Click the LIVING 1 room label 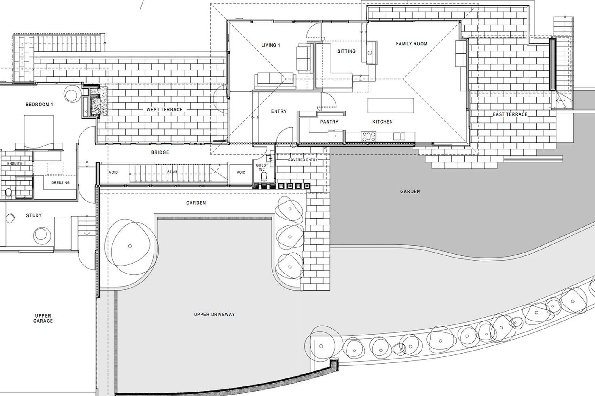pyautogui.click(x=271, y=45)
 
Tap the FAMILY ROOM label pyautogui.click(x=411, y=44)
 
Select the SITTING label pyautogui.click(x=346, y=51)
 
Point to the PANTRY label pyautogui.click(x=329, y=122)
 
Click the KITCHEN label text pyautogui.click(x=383, y=122)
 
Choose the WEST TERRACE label pyautogui.click(x=165, y=110)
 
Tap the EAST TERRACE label pyautogui.click(x=510, y=114)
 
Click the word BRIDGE pyautogui.click(x=160, y=152)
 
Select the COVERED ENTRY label pyautogui.click(x=303, y=160)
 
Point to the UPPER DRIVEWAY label pyautogui.click(x=214, y=314)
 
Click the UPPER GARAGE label pyautogui.click(x=43, y=318)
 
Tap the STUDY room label pyautogui.click(x=34, y=215)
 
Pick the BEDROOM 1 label pyautogui.click(x=39, y=105)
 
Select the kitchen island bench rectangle pyautogui.click(x=391, y=105)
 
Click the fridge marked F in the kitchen pyautogui.click(x=336, y=136)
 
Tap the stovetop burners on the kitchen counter pyautogui.click(x=369, y=136)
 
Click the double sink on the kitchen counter pyautogui.click(x=399, y=136)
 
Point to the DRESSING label pyautogui.click(x=60, y=183)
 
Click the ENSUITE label pyautogui.click(x=15, y=164)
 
